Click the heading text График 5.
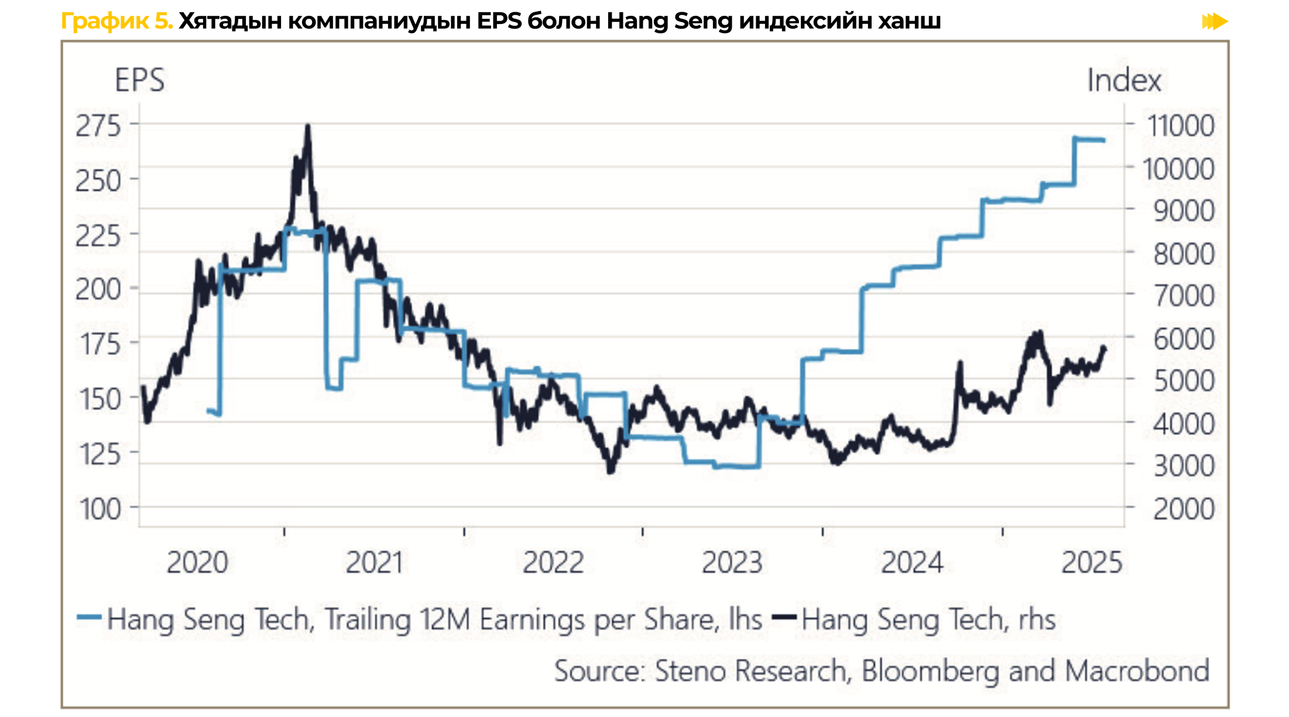117,22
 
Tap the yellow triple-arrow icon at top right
1215,22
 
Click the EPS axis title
139,80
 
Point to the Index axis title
1124,80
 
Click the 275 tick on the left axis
98,126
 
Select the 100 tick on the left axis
100,509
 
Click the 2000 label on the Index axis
1184,509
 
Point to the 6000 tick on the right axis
1184,339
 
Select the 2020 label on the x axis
197,563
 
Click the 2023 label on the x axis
732,563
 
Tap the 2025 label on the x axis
1092,563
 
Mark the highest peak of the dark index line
308,126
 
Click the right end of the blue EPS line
1103,140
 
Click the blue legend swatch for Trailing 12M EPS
89,617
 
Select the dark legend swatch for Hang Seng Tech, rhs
784,617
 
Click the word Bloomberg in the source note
930,671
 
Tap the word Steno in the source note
691,671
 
